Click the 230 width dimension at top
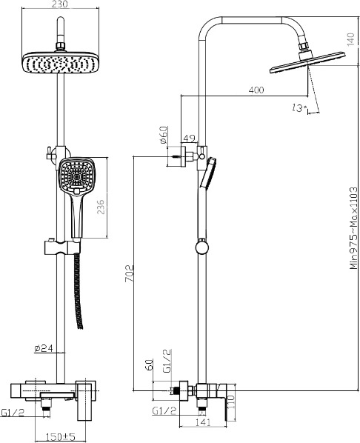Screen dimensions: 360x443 60,4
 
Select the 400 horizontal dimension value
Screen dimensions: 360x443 256,90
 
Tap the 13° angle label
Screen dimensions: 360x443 299,107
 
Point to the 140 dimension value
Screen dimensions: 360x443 350,39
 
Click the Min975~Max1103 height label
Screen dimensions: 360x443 353,228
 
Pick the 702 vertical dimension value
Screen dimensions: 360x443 130,273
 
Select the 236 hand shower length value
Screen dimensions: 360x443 101,207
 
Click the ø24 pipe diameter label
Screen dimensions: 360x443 44,348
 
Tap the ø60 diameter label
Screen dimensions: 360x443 164,136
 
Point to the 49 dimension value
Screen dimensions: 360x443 190,139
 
